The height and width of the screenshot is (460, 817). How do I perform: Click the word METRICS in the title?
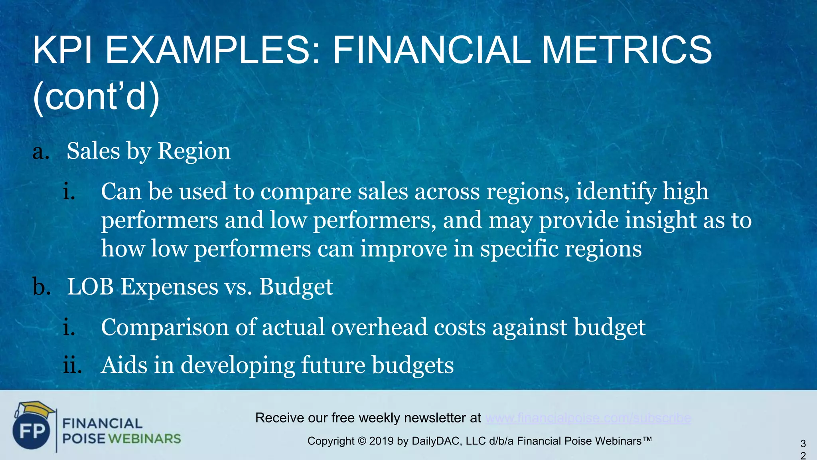[626, 50]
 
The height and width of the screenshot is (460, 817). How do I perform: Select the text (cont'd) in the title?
[96, 97]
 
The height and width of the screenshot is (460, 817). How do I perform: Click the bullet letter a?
[41, 152]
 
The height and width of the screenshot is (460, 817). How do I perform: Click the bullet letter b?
[41, 287]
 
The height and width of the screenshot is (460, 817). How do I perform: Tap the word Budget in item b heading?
[296, 287]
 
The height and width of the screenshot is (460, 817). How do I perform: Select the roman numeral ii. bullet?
[72, 365]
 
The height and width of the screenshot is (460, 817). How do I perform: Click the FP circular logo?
[32, 431]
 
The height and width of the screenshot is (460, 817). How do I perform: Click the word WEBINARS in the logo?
[144, 439]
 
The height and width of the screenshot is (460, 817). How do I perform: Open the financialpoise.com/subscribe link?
[588, 418]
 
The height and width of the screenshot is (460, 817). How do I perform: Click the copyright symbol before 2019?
[361, 441]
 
